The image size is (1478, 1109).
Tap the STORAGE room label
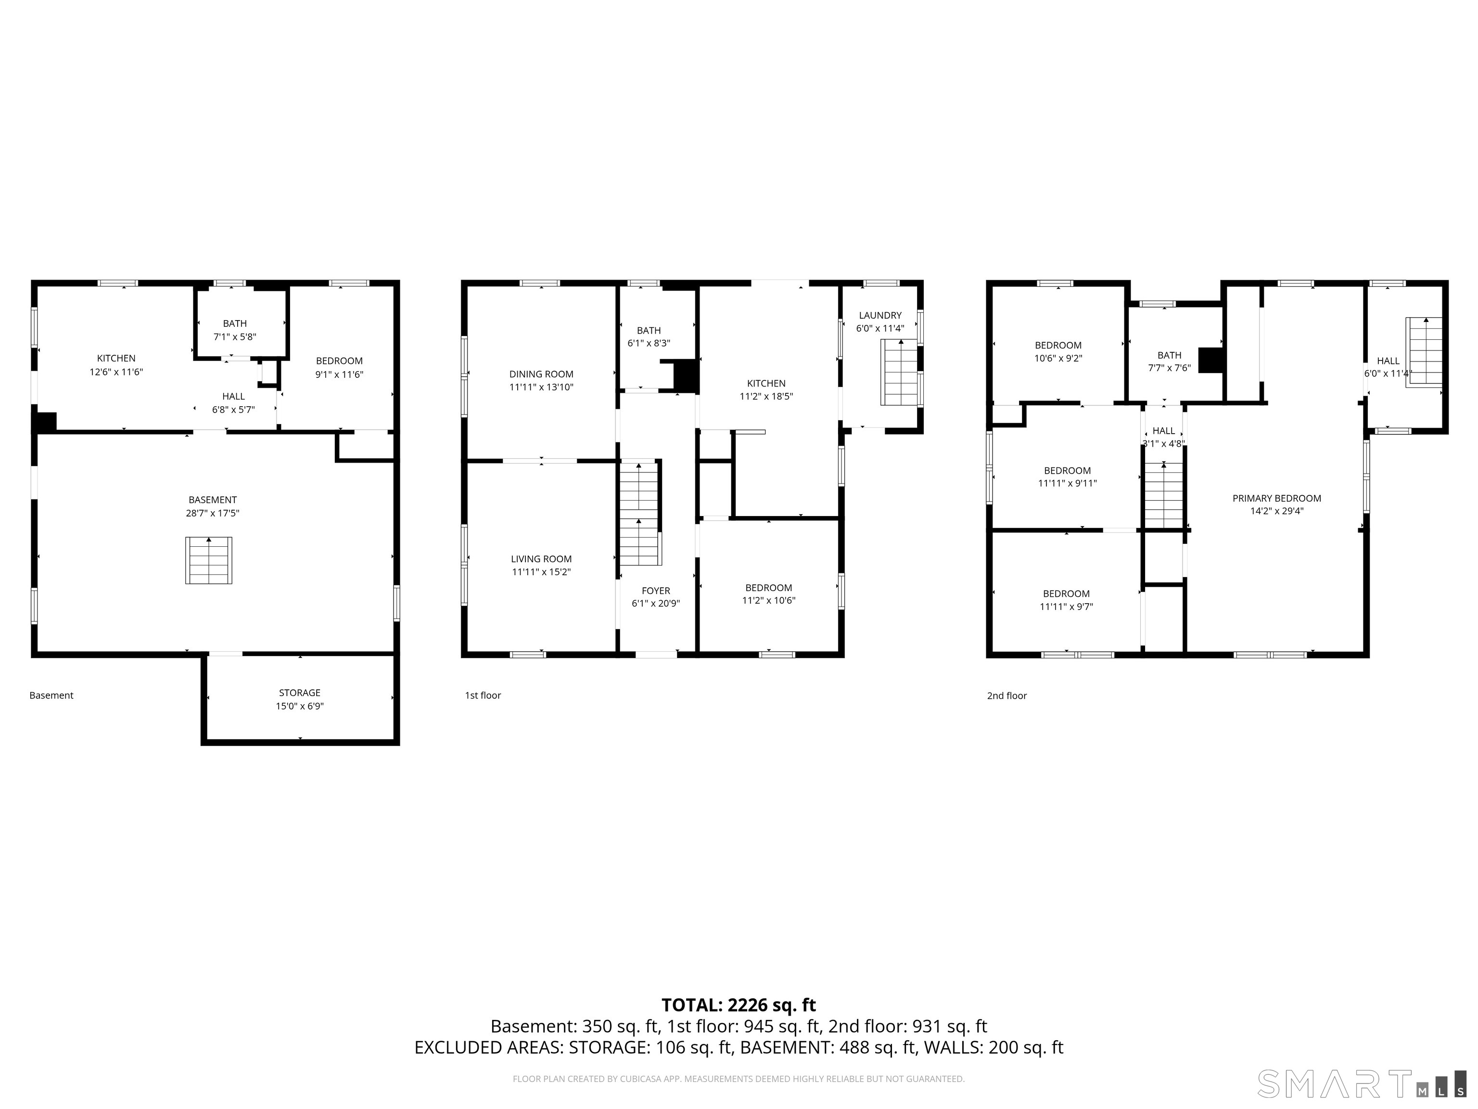coord(299,693)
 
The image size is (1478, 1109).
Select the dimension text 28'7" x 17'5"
coord(213,514)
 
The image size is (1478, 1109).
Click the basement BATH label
coord(234,323)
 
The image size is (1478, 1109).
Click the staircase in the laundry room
coord(900,373)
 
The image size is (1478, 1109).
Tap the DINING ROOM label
coord(541,374)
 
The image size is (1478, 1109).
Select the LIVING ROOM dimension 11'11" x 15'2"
coord(541,572)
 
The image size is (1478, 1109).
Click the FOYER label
coord(655,591)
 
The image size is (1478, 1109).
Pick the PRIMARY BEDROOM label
coord(1276,498)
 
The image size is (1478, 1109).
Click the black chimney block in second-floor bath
coord(1210,360)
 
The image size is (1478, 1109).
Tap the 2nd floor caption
coord(1007,696)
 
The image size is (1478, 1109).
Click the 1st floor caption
coord(483,695)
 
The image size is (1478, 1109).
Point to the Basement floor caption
coord(51,695)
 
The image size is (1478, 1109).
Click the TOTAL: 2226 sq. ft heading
coord(739,1005)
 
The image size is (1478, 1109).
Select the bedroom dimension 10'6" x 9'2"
coord(1058,358)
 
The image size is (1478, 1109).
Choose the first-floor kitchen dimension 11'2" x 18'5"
coord(766,397)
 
